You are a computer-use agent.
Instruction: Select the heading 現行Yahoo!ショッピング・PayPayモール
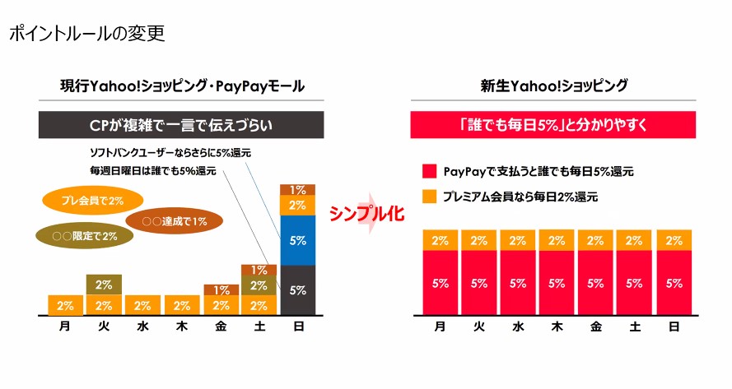(182, 86)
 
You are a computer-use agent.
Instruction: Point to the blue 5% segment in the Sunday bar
(297, 240)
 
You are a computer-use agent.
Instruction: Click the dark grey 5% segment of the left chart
(297, 289)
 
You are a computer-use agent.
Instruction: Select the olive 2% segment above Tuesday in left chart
(104, 285)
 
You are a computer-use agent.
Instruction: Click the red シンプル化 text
(367, 213)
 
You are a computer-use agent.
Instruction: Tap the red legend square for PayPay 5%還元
(428, 172)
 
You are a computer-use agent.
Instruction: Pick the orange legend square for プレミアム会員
(428, 197)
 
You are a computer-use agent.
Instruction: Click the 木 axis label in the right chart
(557, 326)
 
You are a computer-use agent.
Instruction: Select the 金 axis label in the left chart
(221, 326)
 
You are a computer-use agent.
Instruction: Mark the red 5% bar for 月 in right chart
(440, 282)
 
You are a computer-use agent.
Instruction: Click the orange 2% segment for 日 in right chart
(674, 240)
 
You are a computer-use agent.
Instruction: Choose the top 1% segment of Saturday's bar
(259, 270)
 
